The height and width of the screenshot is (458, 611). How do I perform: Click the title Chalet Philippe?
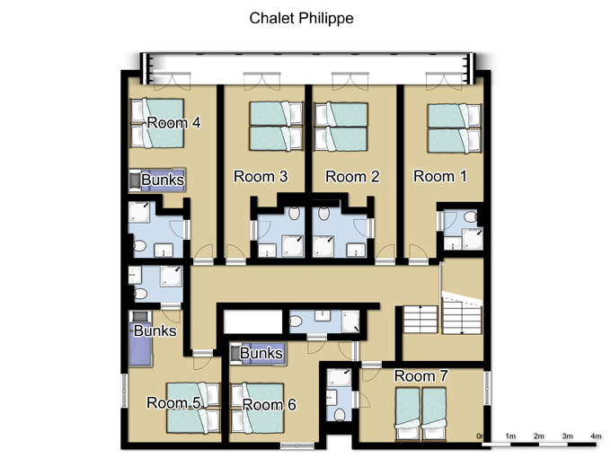pos(301,18)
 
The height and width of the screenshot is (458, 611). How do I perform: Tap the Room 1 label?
pos(440,176)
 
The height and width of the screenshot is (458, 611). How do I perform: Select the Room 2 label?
pos(352,176)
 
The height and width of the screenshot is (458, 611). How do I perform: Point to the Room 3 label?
pos(261,176)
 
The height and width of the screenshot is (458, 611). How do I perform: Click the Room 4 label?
pos(173,123)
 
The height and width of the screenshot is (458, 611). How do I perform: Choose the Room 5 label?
pos(173,402)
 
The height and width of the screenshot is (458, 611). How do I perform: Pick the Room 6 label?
pos(270,405)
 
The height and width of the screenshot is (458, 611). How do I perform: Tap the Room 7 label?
pos(421,375)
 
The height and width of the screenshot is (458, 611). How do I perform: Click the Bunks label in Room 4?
pos(163,180)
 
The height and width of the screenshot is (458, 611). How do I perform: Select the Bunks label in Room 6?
pos(261,353)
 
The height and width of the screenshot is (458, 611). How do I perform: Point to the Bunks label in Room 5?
pos(155,330)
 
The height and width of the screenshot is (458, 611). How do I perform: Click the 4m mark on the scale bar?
pos(596,436)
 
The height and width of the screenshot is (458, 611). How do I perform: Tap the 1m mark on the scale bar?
pos(510,436)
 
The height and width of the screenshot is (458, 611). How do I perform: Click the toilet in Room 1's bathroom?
pos(471,217)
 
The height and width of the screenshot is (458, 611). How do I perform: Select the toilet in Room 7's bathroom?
pos(340,415)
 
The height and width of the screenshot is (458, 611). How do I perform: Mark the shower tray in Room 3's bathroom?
pos(293,246)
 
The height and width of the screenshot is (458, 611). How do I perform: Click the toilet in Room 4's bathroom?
pos(139,246)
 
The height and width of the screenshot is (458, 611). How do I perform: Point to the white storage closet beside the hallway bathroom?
pos(252,321)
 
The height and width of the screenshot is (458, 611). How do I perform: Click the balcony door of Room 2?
pos(350,81)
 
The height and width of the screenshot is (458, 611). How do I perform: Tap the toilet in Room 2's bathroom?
pos(323,214)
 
